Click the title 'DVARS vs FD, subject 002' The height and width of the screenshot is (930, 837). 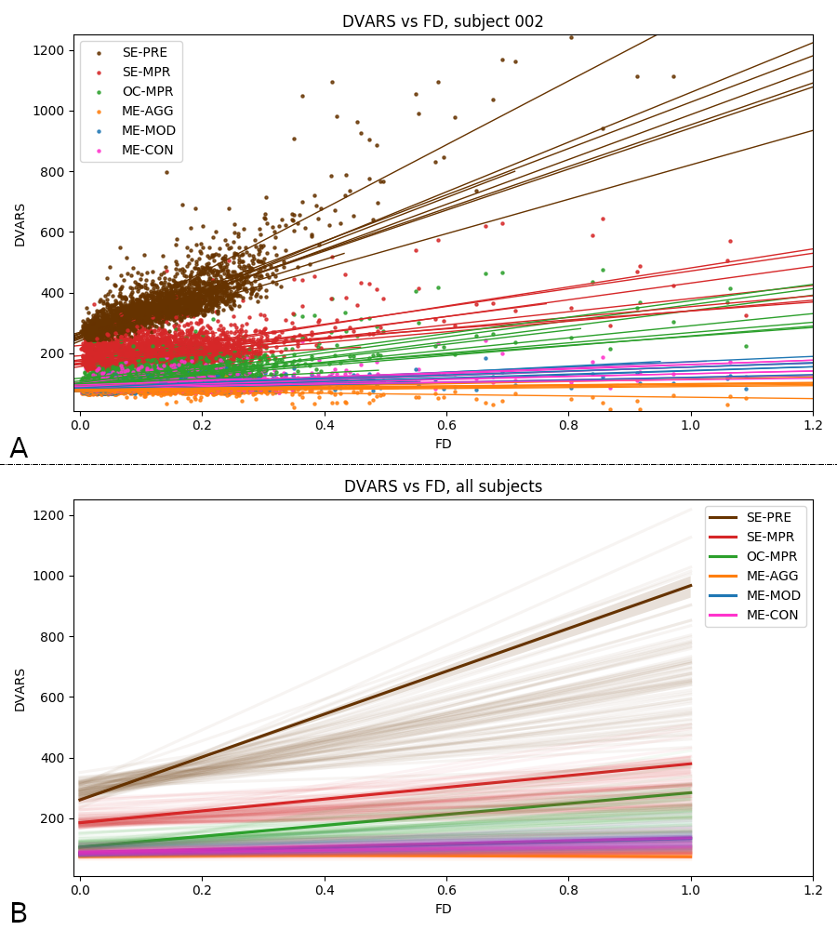[443, 21]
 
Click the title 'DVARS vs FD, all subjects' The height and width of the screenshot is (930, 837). [443, 486]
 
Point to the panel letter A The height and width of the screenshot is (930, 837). [18, 449]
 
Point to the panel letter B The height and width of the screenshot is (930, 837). [18, 914]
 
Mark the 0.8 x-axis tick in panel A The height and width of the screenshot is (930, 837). [568, 425]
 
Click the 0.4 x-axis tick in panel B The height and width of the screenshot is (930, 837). [325, 890]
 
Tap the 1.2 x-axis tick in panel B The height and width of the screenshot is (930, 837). [812, 890]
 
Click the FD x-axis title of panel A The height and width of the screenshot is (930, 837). [443, 444]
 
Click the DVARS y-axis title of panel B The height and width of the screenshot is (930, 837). [20, 689]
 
